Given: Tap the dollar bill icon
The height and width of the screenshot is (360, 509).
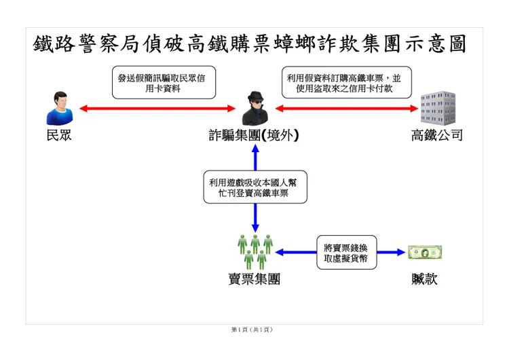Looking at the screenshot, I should point(425,253).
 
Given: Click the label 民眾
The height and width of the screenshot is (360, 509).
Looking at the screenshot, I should point(58,135).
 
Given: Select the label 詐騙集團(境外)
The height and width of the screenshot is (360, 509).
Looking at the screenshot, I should point(254,135).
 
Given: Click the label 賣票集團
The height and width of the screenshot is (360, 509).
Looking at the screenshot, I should point(254,279).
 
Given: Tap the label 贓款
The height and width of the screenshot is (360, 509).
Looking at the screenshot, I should point(424,279).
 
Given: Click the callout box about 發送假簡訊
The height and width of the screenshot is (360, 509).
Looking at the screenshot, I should point(158,83).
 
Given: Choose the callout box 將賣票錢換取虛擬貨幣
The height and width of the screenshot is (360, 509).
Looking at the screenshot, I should point(347,252).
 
